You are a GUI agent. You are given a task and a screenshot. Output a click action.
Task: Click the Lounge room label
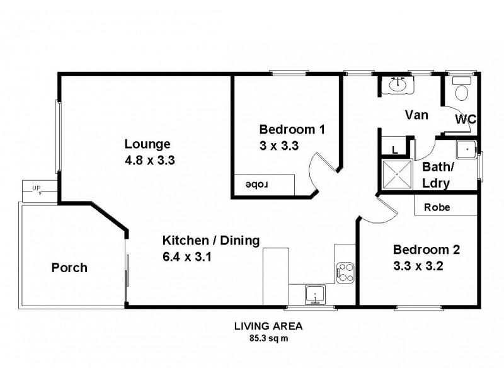[147, 143]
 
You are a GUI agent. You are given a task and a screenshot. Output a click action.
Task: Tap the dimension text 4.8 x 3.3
[149, 160]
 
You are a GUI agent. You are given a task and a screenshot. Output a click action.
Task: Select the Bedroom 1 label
[292, 130]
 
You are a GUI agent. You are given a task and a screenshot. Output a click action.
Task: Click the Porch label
[69, 268]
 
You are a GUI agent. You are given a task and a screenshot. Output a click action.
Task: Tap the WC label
[465, 118]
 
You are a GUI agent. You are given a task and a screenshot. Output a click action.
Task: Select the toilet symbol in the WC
[461, 90]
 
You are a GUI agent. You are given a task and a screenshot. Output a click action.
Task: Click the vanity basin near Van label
[399, 85]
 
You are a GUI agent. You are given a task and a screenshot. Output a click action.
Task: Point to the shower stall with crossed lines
[396, 175]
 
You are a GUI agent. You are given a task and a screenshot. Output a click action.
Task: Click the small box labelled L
[394, 149]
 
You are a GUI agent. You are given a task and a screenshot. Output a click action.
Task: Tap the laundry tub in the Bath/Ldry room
[467, 149]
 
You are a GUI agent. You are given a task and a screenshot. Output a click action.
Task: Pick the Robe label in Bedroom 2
[436, 207]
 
